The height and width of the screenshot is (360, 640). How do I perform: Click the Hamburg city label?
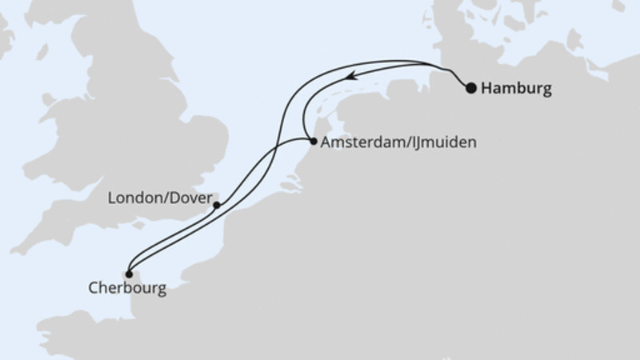(518, 89)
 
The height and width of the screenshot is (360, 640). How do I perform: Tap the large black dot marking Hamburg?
(471, 89)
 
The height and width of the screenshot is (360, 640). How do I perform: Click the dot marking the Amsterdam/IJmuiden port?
(311, 142)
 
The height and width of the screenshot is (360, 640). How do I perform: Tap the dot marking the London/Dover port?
(216, 206)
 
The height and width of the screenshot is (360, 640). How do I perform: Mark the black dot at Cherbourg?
(129, 273)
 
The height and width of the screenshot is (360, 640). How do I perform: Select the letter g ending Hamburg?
(546, 90)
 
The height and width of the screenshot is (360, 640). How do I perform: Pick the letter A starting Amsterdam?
(324, 144)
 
